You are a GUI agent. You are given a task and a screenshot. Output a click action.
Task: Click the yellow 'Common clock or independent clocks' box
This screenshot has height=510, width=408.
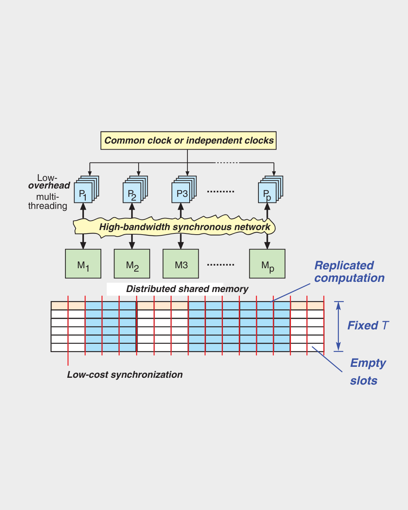coord(188,141)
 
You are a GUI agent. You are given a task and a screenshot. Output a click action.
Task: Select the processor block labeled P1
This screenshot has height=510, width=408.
coord(83,193)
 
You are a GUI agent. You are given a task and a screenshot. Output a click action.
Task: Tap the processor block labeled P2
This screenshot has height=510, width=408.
coord(132,193)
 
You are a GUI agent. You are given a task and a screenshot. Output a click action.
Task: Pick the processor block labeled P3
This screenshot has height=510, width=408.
coord(181,193)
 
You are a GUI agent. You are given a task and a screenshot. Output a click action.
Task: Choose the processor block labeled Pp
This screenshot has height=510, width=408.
coord(267,193)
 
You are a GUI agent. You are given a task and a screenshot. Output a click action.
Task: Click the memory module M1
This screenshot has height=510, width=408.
coord(83,264)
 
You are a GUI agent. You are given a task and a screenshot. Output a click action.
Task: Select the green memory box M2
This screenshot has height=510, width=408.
coord(132,264)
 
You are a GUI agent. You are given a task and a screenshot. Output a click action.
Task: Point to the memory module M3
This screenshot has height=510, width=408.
coord(181,264)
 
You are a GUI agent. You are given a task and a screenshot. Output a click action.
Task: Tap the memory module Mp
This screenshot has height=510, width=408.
coord(267,264)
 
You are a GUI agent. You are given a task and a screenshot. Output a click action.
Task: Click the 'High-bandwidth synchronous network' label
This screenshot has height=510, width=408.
coord(184,227)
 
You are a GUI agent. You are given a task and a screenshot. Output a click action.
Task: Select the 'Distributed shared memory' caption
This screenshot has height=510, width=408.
coord(187,289)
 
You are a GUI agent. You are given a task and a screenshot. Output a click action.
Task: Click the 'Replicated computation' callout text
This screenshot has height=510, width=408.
coord(349,272)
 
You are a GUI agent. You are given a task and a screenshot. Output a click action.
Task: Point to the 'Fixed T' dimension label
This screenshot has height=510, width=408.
coord(368,326)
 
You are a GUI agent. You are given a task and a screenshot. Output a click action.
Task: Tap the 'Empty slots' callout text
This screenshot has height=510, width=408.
coord(366,372)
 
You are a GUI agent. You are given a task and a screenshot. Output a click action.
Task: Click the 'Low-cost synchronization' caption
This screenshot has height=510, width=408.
coord(125,375)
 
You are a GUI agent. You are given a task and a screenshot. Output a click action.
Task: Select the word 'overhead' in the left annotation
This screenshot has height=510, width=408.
coord(49,185)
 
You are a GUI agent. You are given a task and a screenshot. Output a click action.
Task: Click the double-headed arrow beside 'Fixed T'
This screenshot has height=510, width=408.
coord(338,326)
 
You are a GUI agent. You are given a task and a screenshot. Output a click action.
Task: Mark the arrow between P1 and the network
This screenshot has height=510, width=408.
coord(83,211)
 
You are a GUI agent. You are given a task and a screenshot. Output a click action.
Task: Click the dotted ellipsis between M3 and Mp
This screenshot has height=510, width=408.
coord(221,265)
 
